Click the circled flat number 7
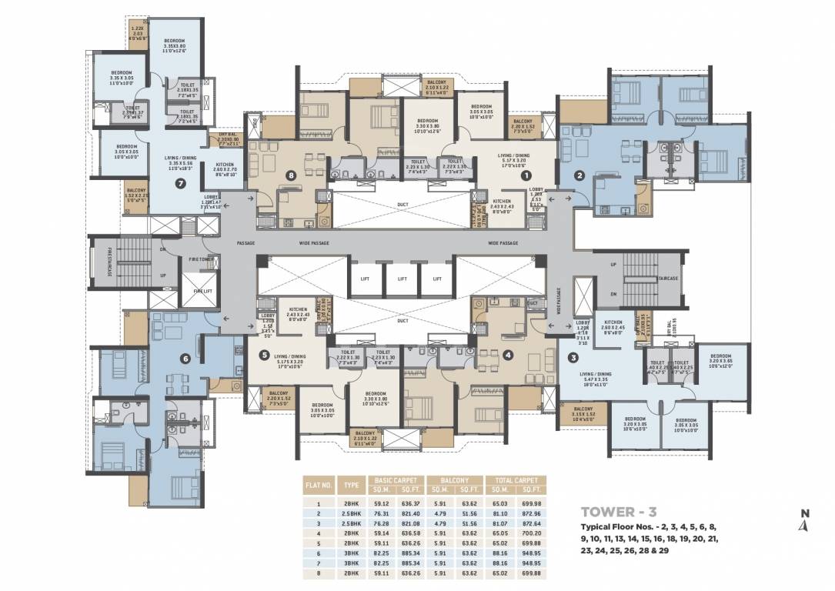[x=180, y=183]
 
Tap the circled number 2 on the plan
[x=580, y=175]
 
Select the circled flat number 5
[x=264, y=356]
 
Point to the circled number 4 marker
[x=508, y=355]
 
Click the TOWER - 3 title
[x=619, y=510]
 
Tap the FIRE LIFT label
[x=202, y=292]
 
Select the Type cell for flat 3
[x=352, y=523]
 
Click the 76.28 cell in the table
[x=381, y=523]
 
